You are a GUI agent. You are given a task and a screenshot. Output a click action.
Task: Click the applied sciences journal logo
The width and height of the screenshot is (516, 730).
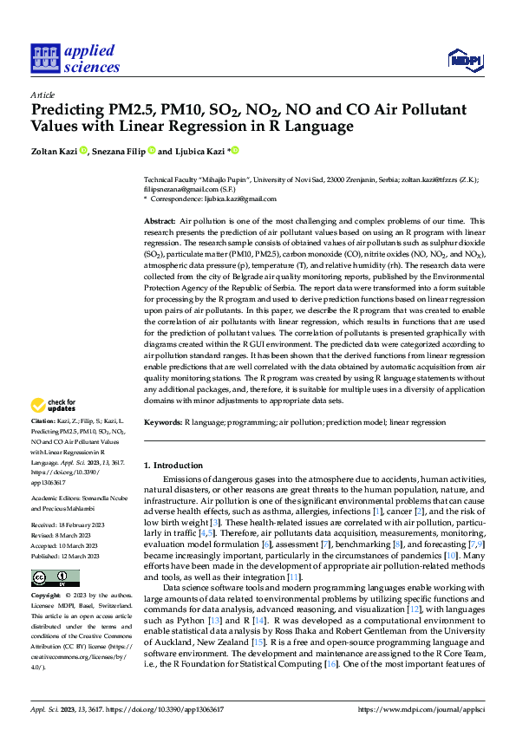click(75, 58)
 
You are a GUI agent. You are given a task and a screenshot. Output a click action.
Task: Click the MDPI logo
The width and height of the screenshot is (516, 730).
click(465, 58)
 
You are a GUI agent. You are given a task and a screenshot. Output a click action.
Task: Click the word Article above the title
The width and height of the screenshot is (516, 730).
click(43, 95)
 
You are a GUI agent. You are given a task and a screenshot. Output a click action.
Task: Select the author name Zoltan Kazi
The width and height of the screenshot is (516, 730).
click(54, 151)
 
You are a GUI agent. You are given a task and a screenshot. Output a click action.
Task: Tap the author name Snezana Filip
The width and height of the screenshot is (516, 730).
click(120, 151)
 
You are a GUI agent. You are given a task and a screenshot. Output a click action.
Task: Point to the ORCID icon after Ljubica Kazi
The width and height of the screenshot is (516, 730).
click(235, 151)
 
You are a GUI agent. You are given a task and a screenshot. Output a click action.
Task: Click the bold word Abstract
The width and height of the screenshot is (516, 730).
click(160, 222)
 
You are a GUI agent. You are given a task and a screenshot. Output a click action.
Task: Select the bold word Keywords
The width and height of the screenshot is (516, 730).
click(164, 421)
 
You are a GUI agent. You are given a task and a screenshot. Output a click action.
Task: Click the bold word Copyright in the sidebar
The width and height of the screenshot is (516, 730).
click(45, 596)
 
